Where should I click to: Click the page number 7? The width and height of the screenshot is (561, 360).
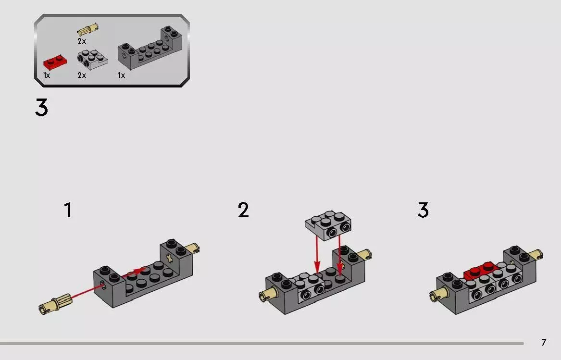coord(544,342)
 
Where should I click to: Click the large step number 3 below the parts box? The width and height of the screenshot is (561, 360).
coord(41,108)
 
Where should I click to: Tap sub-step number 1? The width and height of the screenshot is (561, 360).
coord(68,211)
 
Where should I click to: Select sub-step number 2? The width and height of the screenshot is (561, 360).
coord(243,211)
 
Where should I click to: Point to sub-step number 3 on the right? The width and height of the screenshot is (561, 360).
coord(423,211)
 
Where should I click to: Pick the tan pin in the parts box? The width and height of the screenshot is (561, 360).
coord(87,29)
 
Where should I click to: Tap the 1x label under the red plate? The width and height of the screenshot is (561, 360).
coord(47,75)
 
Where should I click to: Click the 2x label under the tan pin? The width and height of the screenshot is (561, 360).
coord(82,41)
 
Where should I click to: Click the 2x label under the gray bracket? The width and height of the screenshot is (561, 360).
coord(82,75)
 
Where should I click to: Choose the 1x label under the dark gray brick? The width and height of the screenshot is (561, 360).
coord(121,75)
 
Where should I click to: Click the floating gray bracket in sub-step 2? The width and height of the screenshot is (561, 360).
coord(328,224)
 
